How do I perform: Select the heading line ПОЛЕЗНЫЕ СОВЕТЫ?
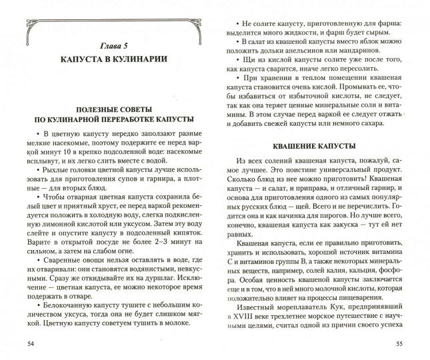pyautogui.click(x=107, y=108)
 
